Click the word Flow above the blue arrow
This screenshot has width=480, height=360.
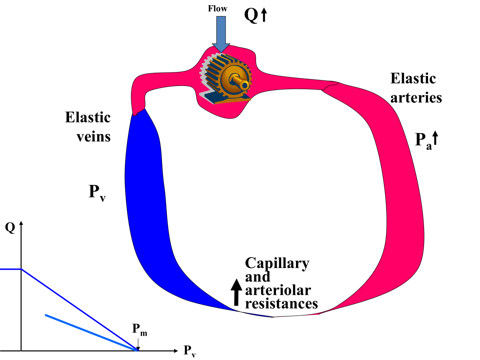point(218,8)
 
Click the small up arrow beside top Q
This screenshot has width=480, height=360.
point(264,16)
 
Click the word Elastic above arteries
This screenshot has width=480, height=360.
point(413,78)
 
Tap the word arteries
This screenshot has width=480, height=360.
point(416,98)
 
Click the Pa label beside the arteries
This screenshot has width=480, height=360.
point(423,141)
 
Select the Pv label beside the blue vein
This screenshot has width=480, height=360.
point(97,192)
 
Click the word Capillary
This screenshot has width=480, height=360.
point(277,263)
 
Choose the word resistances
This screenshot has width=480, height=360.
point(281,303)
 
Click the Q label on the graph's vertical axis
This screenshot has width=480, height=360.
point(10,227)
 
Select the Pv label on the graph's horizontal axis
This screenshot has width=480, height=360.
point(190,351)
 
